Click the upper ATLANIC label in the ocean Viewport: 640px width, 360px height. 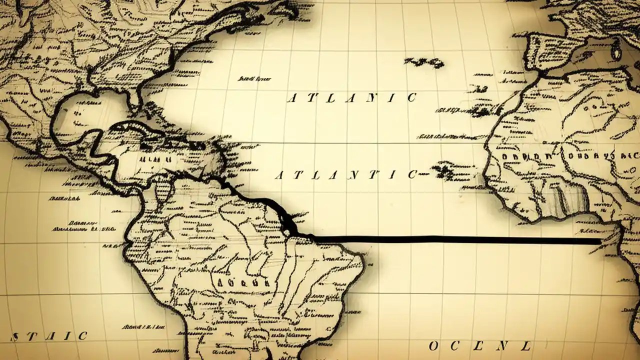pos(351,97)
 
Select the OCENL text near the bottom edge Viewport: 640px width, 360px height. pos(479,346)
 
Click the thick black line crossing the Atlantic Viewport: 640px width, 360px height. pos(450,240)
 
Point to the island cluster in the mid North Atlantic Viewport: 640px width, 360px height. pos(425,62)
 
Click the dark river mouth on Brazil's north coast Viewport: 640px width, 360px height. pos(288,225)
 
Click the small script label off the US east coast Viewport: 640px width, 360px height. pos(254,78)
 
